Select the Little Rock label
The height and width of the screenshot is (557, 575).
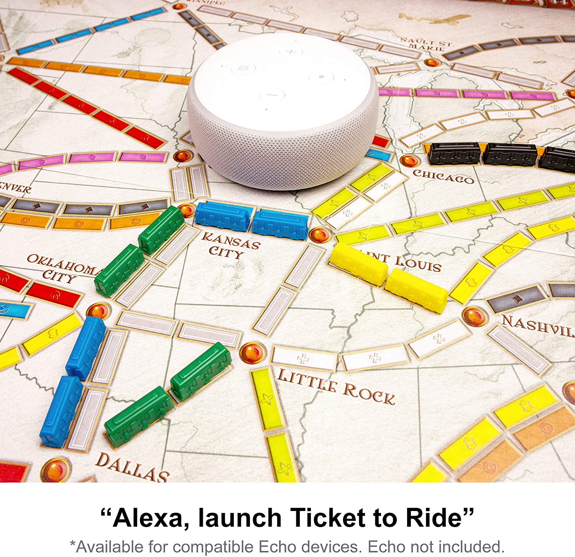tap(336, 386)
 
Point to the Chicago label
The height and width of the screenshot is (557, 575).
tap(444, 176)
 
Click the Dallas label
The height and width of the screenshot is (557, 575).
tap(132, 467)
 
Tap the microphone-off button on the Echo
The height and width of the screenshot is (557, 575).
tap(243, 69)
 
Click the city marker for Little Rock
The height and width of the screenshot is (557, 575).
tap(252, 352)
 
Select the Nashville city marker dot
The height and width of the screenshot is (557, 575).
tap(475, 316)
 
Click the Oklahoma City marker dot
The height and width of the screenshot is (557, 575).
tap(99, 311)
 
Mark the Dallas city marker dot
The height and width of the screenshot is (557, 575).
tap(55, 469)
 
